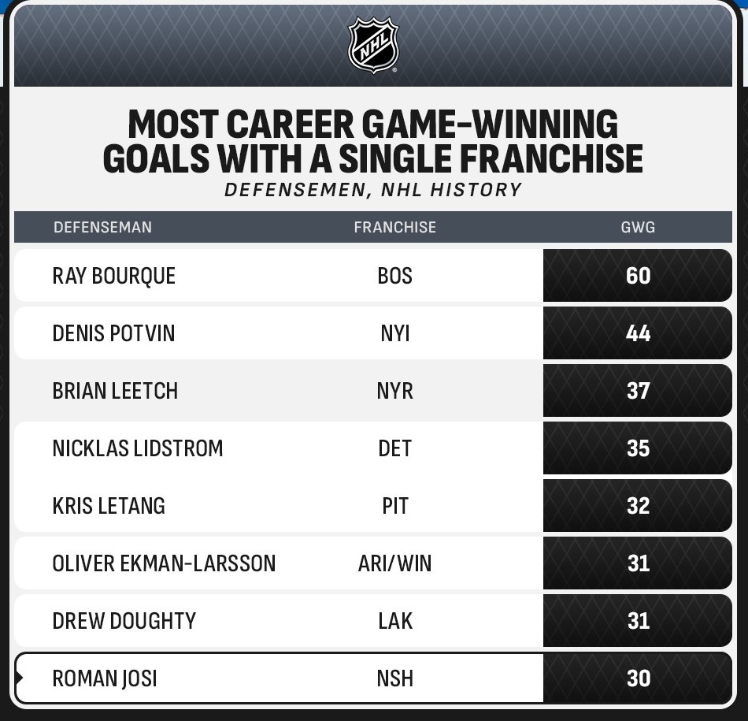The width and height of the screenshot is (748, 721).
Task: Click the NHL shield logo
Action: (373, 45)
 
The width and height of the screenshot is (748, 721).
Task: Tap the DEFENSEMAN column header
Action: (102, 227)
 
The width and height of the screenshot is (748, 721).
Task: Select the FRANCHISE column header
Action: (395, 227)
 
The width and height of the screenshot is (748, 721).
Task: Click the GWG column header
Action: (638, 227)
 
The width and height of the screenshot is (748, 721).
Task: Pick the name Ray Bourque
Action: (114, 276)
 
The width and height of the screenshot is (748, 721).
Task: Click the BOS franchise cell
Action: (395, 276)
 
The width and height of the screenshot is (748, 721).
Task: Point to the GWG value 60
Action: (638, 276)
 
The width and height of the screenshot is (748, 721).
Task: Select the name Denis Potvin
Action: (113, 333)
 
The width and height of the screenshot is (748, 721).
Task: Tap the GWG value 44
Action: (638, 333)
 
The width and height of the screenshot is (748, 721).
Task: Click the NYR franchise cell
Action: (395, 391)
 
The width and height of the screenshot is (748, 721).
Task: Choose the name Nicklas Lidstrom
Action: (138, 448)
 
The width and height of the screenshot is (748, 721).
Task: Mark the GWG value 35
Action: (638, 448)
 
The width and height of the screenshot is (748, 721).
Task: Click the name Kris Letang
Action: (109, 506)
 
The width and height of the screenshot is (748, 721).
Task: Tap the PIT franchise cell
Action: (395, 506)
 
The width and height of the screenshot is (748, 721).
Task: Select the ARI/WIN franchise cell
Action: (395, 563)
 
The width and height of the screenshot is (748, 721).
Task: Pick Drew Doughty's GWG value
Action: (639, 621)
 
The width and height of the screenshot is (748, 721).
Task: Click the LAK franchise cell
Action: (395, 621)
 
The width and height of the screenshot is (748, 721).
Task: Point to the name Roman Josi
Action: (105, 678)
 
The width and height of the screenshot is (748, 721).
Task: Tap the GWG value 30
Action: (639, 678)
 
